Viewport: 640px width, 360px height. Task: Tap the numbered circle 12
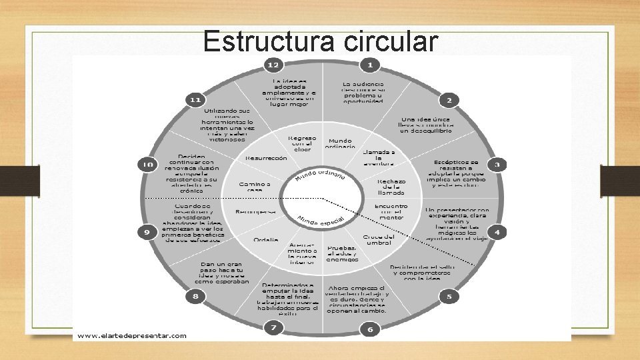pyautogui.click(x=273, y=65)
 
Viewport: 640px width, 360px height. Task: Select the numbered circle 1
pyautogui.click(x=370, y=65)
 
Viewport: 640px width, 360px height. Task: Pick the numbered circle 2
pyautogui.click(x=449, y=101)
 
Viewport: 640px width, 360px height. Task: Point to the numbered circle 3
pyautogui.click(x=496, y=164)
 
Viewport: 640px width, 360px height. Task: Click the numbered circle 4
pyautogui.click(x=496, y=232)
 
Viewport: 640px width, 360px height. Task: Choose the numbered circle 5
pyautogui.click(x=449, y=296)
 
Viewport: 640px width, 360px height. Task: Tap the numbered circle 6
pyautogui.click(x=370, y=329)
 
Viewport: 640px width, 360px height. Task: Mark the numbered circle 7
pyautogui.click(x=273, y=327)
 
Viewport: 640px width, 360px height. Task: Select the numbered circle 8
pyautogui.click(x=195, y=296)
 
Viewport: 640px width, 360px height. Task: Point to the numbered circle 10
pyautogui.click(x=146, y=164)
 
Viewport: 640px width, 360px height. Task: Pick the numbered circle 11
pyautogui.click(x=195, y=100)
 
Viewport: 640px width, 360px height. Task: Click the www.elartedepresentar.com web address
pyautogui.click(x=131, y=336)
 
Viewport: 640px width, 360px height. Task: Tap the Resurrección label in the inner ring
pyautogui.click(x=266, y=158)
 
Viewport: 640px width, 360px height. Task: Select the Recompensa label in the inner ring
pyautogui.click(x=255, y=212)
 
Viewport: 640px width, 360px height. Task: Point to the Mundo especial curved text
pyautogui.click(x=321, y=220)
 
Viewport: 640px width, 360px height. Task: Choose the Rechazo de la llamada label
pyautogui.click(x=391, y=187)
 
